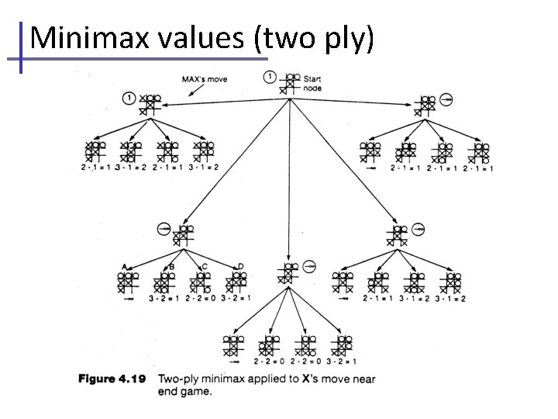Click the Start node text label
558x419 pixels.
(312, 83)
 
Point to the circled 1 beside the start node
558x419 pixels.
(269, 76)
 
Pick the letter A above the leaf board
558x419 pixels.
(123, 267)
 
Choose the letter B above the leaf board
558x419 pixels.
(171, 267)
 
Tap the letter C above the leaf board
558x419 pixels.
(205, 267)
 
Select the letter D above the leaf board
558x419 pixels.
(240, 267)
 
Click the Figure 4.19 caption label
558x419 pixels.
(112, 379)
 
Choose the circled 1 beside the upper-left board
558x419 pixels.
(128, 98)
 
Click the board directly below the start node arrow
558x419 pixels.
(288, 272)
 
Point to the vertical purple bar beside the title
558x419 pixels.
(22, 47)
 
